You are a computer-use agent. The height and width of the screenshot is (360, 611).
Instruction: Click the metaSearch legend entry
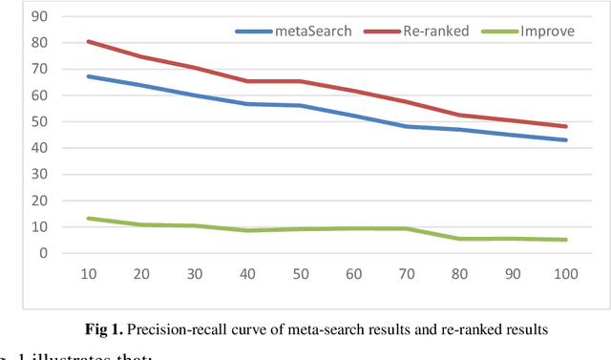294,32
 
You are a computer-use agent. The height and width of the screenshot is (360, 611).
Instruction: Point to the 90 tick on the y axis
39,16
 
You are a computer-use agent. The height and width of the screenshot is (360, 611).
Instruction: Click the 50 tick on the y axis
39,121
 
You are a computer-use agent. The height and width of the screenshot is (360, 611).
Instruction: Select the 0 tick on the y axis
43,253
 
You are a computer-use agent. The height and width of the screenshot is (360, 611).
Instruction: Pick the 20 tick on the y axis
39,201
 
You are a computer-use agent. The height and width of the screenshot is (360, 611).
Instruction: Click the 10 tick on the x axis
88,274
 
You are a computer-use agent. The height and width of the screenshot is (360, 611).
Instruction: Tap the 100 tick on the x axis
565,274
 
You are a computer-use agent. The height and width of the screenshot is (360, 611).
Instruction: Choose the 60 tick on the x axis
353,274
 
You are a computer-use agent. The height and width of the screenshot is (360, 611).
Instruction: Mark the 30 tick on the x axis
194,274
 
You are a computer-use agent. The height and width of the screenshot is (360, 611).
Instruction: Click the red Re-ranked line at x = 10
88,41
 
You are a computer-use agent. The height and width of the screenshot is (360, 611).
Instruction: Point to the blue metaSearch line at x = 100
565,140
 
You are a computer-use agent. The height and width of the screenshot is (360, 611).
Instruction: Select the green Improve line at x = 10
88,219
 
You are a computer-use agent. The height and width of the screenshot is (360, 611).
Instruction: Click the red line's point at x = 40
247,81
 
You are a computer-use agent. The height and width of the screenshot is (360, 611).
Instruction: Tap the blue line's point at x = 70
407,126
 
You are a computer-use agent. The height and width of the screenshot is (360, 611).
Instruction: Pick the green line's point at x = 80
459,239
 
